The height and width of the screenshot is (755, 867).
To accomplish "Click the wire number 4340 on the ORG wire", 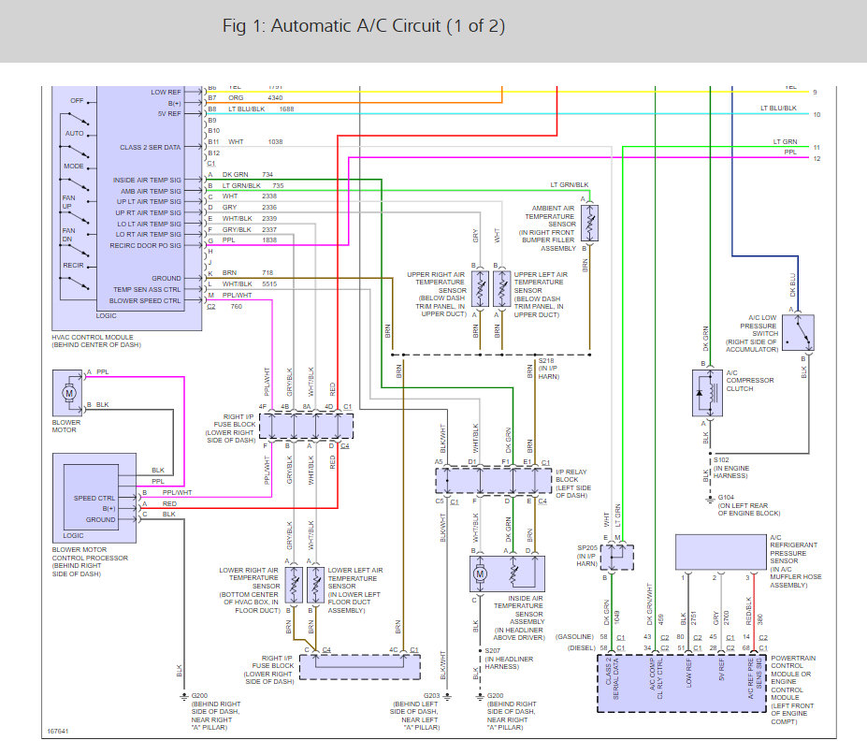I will click(275, 97).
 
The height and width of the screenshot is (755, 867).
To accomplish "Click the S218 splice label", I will click(546, 361).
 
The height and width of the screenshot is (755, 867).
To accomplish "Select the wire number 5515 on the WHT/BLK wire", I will click(270, 283).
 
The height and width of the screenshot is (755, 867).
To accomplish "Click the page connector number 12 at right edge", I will click(816, 158).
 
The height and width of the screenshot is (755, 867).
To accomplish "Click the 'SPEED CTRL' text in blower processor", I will click(94, 498).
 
